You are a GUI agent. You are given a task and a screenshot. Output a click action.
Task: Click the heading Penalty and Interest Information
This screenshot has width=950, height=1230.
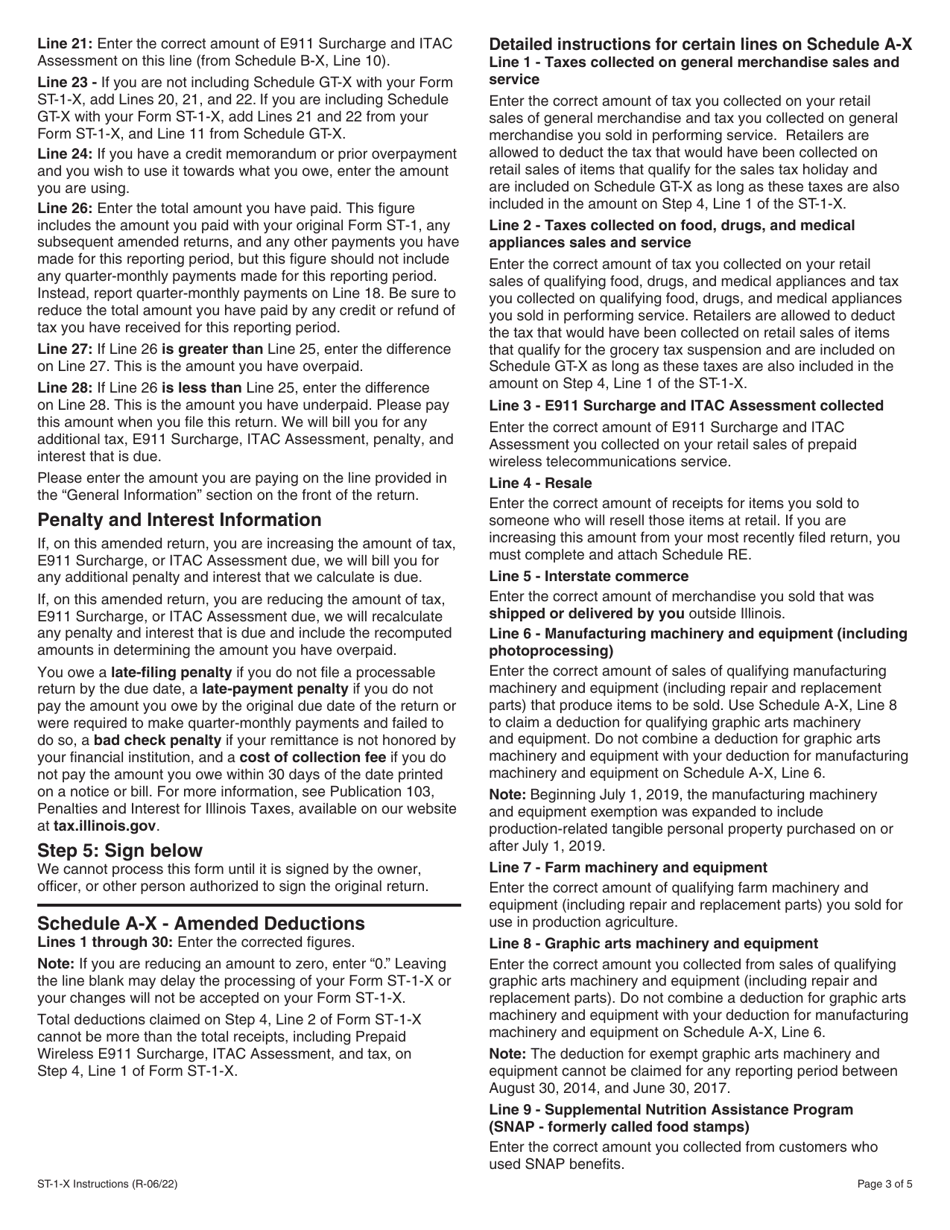179,520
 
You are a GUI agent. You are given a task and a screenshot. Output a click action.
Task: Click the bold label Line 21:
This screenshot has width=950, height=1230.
65,44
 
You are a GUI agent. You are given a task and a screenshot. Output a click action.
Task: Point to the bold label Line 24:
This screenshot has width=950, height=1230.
65,154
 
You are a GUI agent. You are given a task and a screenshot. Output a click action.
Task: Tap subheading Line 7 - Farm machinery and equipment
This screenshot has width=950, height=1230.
628,867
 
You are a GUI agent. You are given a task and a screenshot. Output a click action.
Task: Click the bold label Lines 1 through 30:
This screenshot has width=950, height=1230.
103,942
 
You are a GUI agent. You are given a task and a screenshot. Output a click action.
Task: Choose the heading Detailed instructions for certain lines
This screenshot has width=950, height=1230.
700,45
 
